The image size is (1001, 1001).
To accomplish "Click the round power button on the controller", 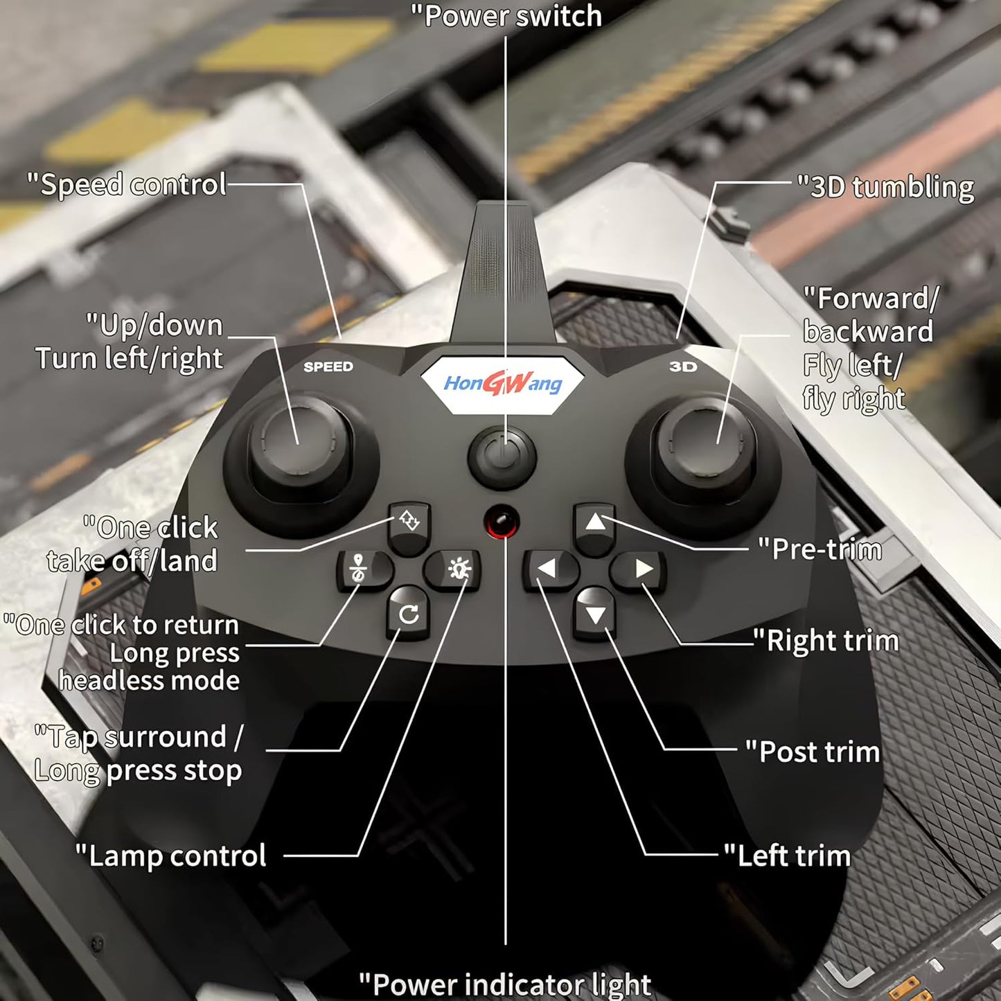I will [502, 457].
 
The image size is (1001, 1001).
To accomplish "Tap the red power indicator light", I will [502, 522].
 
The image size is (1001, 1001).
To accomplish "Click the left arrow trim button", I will [549, 569].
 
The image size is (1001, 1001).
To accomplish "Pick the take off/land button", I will [409, 523].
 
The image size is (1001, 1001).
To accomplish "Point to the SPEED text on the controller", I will [328, 366].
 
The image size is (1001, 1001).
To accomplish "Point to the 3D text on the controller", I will [683, 366].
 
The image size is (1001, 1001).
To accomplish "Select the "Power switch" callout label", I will [506, 16].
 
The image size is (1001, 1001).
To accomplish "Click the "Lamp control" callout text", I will [170, 856].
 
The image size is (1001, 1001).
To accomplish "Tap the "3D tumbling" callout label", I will [885, 187].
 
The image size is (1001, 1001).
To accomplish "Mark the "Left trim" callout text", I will [788, 856].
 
